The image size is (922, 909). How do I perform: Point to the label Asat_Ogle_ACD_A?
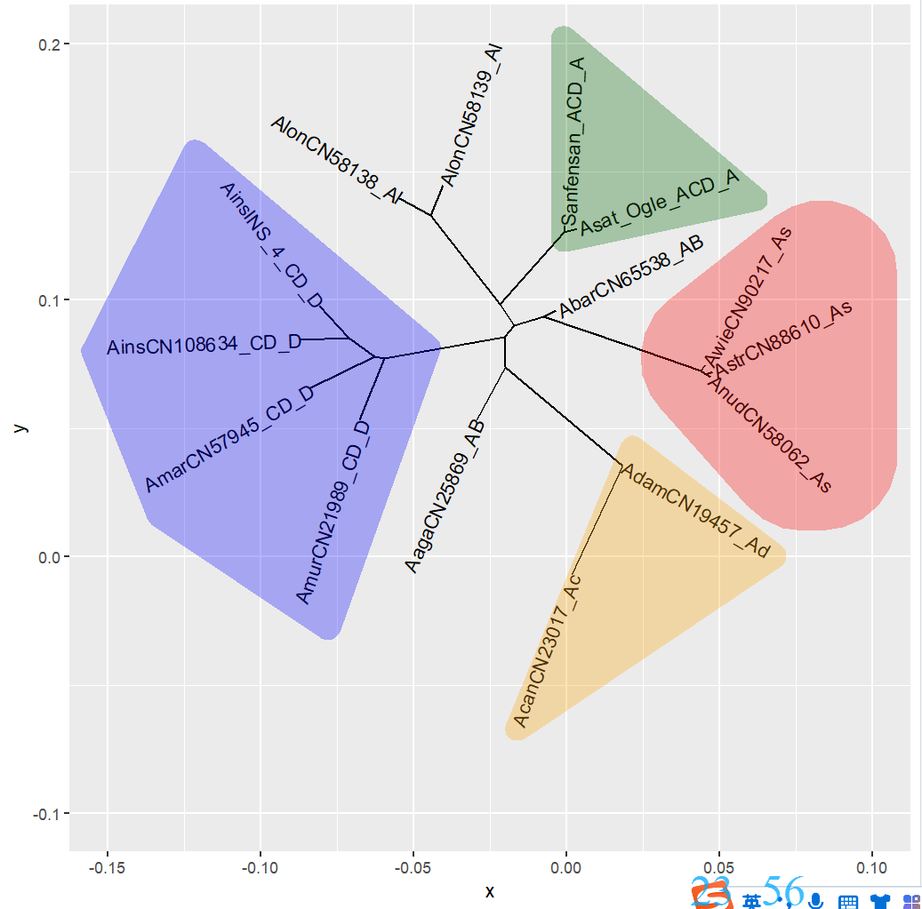point(660,201)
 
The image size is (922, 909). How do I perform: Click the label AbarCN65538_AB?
point(631,276)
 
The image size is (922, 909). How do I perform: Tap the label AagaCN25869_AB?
point(444,496)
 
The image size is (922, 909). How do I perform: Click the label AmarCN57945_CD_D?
point(229,439)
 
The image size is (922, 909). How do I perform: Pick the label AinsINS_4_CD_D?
point(271,245)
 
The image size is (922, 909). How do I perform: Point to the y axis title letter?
point(20,427)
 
